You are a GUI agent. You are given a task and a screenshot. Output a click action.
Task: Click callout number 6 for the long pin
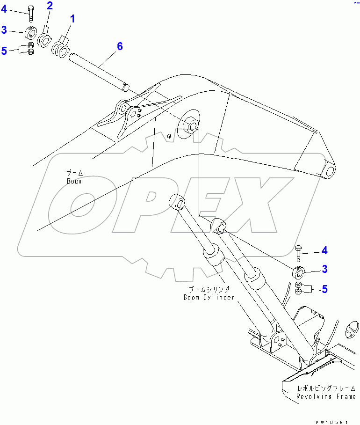(x=120, y=46)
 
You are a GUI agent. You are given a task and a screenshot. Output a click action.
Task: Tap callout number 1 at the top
(x=72, y=19)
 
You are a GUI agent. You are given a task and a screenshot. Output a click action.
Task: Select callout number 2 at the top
(x=50, y=6)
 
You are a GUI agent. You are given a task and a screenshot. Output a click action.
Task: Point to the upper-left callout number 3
(x=4, y=30)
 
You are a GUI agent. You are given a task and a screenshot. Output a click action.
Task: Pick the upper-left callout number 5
(x=4, y=51)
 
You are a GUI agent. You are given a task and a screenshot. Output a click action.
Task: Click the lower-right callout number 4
(x=324, y=251)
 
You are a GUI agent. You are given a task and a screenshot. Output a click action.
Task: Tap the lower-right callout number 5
(x=324, y=289)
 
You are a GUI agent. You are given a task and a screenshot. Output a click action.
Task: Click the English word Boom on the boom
(x=74, y=181)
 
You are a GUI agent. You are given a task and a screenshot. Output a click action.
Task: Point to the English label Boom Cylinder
(x=208, y=298)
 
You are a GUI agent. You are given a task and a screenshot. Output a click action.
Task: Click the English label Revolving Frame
(x=325, y=396)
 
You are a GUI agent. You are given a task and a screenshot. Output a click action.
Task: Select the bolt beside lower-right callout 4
(x=299, y=252)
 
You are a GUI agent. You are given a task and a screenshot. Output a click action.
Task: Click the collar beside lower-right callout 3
(x=298, y=271)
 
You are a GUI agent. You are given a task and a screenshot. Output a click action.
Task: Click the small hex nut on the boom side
(x=169, y=136)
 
